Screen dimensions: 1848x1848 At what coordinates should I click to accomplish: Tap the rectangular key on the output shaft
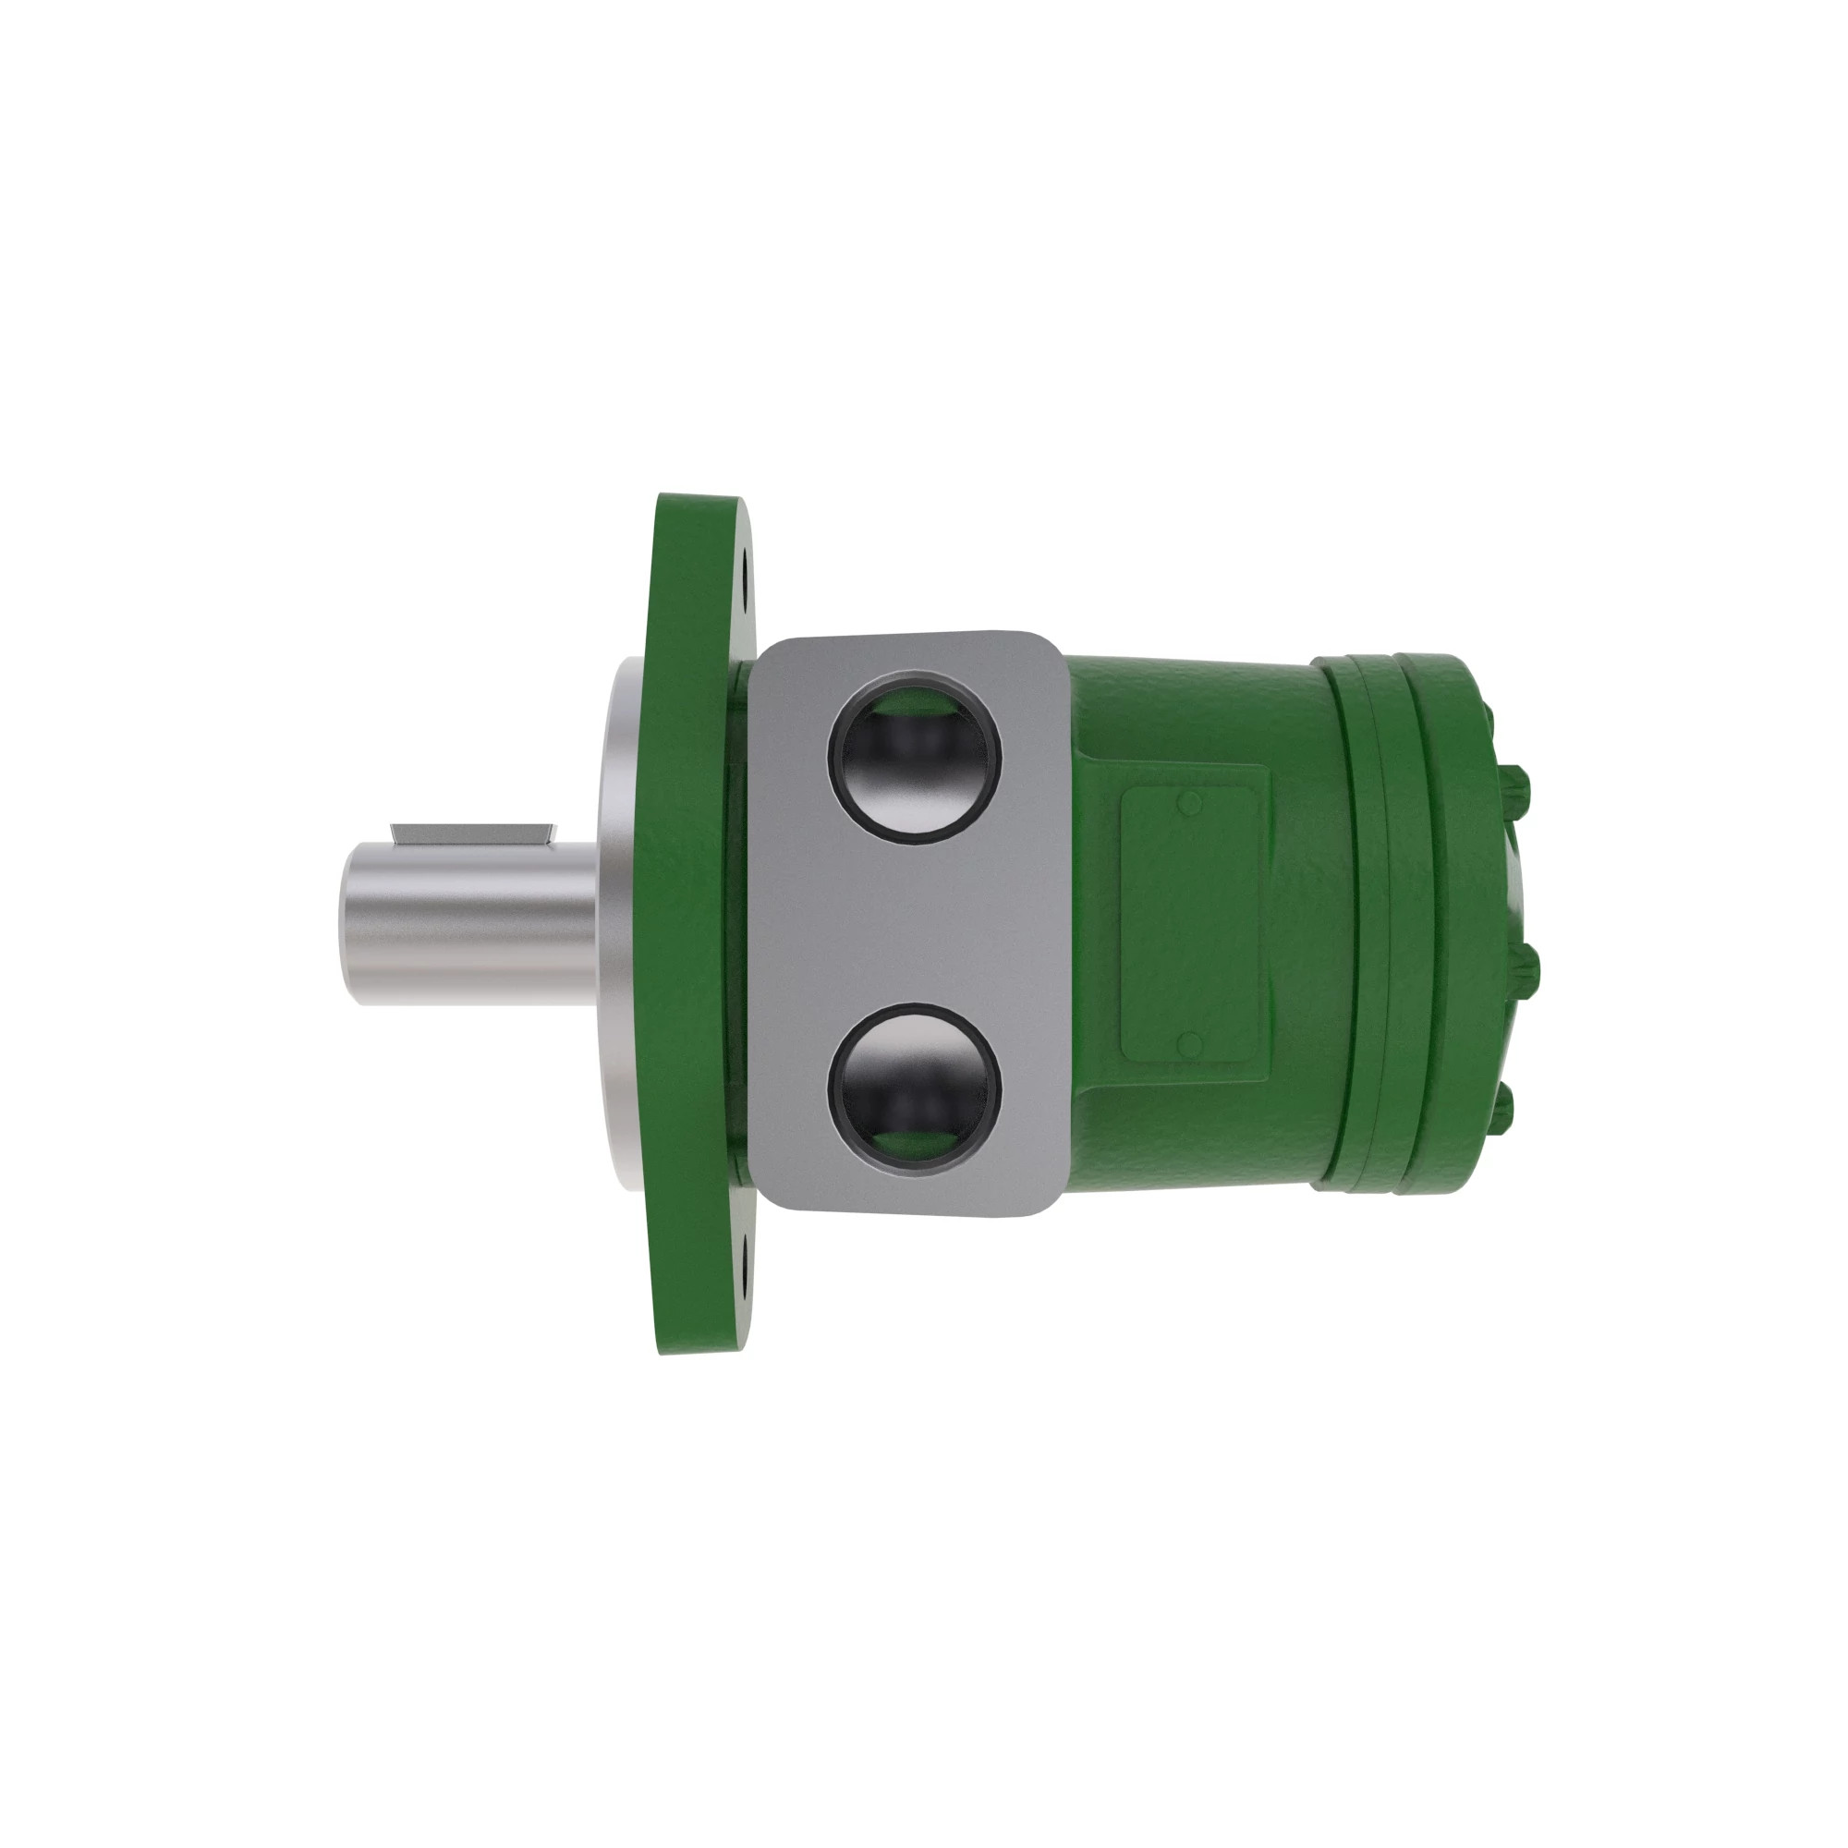(472, 833)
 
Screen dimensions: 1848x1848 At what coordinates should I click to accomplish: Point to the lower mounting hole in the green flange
(746, 1273)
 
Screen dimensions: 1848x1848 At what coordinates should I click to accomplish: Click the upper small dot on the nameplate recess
(1189, 803)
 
